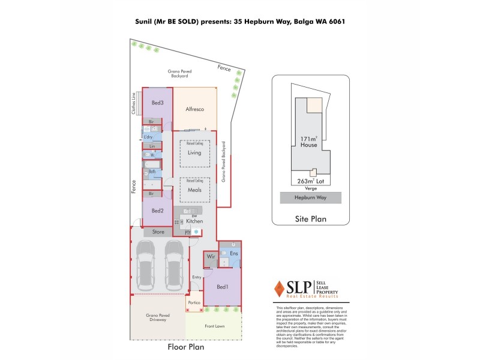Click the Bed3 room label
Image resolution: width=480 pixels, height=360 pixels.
(157, 103)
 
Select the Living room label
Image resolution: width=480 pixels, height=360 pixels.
(194, 152)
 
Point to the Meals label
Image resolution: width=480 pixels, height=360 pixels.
(194, 190)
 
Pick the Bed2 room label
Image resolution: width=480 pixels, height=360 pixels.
(157, 211)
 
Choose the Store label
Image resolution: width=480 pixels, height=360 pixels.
(158, 232)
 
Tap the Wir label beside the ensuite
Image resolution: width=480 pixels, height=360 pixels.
(211, 256)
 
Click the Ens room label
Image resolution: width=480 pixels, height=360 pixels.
(234, 254)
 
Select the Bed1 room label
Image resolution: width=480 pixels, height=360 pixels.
(223, 287)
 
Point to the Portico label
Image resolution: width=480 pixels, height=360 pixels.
(194, 302)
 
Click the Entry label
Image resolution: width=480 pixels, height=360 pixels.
(196, 277)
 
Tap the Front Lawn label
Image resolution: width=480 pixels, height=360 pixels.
(213, 326)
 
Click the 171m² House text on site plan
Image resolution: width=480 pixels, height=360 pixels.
(309, 142)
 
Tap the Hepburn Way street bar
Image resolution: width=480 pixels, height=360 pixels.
(310, 197)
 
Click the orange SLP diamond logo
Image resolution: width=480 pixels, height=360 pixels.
(278, 289)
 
